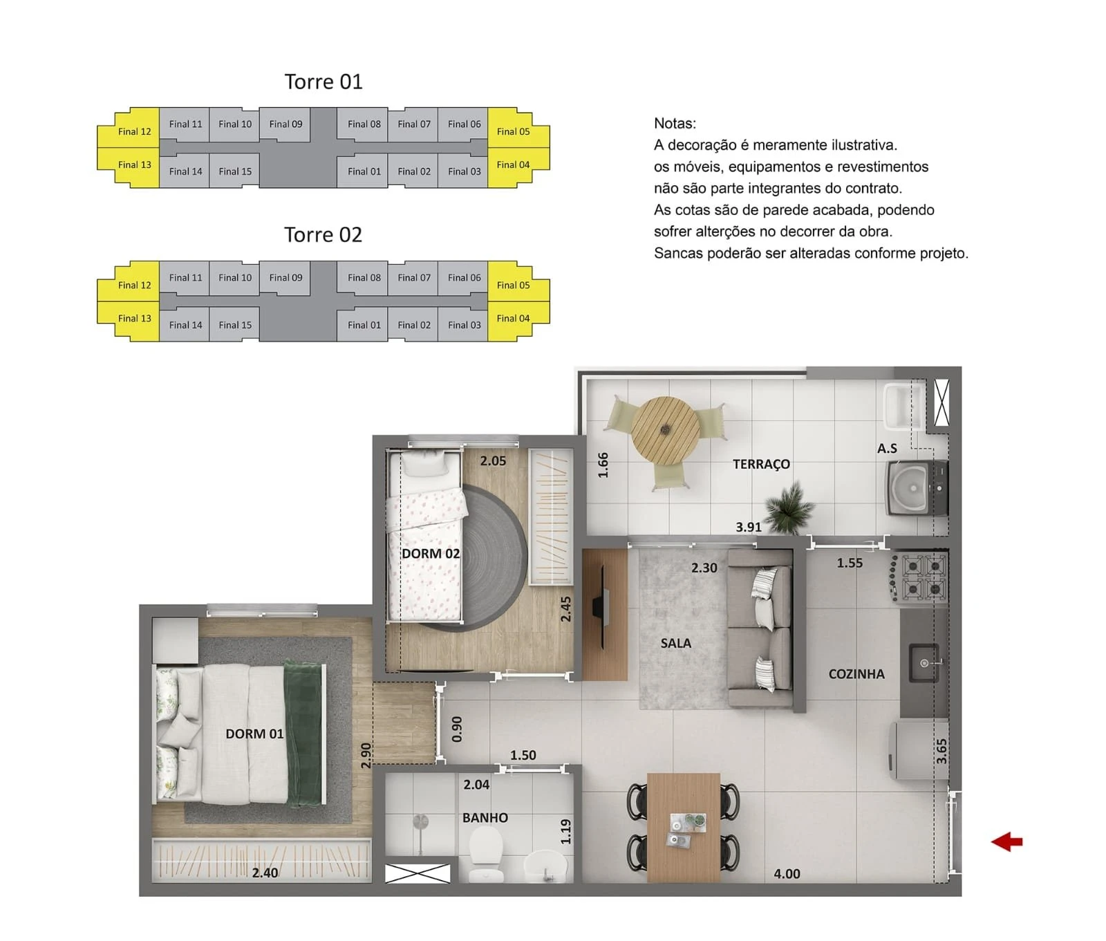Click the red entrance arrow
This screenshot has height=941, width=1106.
point(1006,841)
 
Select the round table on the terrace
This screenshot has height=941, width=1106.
point(665,429)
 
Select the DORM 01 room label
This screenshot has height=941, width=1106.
point(254,734)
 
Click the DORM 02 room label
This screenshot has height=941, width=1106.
point(431,554)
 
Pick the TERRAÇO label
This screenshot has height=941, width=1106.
point(761,464)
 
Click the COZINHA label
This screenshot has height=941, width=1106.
point(856,674)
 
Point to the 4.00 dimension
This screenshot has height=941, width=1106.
point(787,874)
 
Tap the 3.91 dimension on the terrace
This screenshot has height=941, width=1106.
point(749,527)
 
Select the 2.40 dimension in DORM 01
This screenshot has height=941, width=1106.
point(265,873)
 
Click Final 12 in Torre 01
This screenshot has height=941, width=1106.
point(134,131)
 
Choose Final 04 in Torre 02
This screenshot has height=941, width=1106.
point(513,318)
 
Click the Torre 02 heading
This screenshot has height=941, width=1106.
point(323,234)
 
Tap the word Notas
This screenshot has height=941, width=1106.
point(675,123)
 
